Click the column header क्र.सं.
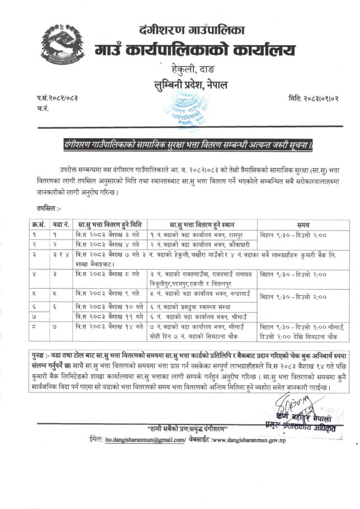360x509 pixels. point(40,224)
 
